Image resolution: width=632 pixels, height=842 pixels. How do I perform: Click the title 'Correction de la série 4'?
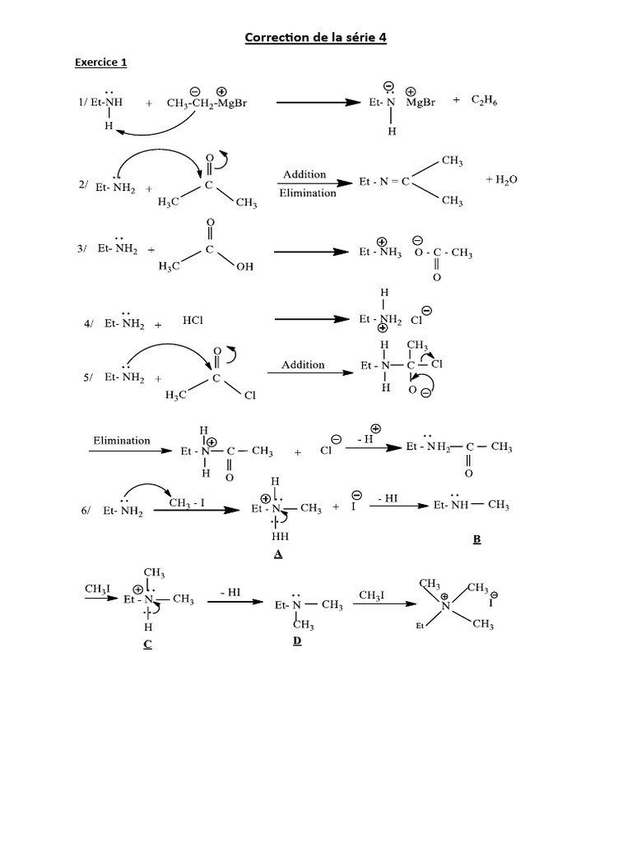[x=315, y=38]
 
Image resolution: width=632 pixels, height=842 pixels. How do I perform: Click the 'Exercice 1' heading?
[x=100, y=62]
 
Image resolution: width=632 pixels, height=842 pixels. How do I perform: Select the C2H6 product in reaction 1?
[x=484, y=101]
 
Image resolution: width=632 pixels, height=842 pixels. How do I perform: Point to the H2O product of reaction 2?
[x=501, y=178]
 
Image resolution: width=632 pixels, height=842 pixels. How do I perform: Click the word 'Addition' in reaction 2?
[x=304, y=174]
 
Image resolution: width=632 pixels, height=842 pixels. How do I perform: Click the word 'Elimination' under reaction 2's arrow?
[x=308, y=193]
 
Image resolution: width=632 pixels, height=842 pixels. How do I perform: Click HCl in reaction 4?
[x=193, y=321]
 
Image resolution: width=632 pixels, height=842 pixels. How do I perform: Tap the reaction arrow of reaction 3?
[x=309, y=252]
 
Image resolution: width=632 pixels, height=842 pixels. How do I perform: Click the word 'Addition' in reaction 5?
[x=303, y=364]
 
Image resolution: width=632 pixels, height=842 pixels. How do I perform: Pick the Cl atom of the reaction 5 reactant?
[x=250, y=396]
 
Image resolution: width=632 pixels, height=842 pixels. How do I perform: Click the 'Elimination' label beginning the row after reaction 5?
[x=122, y=440]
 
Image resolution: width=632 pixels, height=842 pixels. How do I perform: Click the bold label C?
[x=147, y=644]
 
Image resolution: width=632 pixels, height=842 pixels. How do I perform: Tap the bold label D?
[x=297, y=641]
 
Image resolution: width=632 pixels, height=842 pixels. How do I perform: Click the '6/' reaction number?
[x=86, y=511]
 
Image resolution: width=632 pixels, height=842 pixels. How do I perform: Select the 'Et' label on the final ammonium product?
[x=420, y=627]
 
